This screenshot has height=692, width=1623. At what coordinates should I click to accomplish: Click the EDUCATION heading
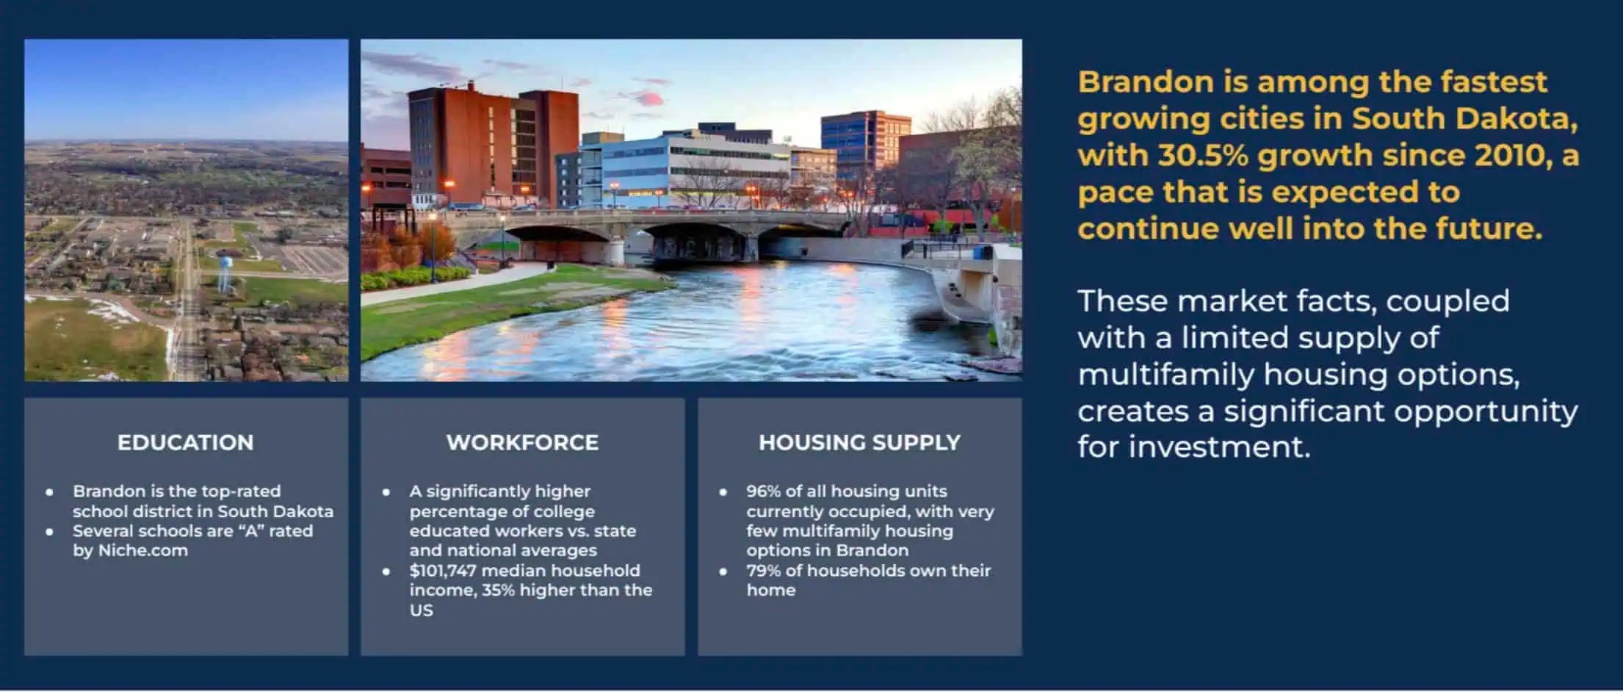185,442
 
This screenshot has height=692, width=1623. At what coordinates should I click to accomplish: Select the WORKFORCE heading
522,442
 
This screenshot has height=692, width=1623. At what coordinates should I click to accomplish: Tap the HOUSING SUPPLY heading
859,442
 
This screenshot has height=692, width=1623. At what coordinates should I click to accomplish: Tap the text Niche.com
142,551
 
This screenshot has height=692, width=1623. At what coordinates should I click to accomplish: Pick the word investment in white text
1219,447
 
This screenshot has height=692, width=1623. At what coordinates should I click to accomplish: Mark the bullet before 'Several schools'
49,531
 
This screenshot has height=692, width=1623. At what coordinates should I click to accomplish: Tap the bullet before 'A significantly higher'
386,491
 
